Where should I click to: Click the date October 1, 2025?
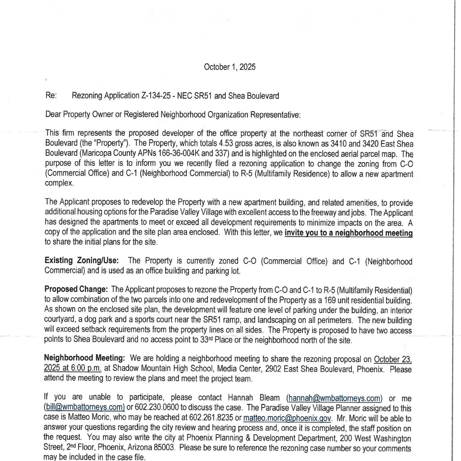pos(229,67)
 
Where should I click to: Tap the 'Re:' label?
pos(51,96)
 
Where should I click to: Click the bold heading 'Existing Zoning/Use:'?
pos(82,261)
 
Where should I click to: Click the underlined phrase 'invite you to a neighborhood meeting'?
pos(348,233)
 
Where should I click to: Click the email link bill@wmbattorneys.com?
pos(84,408)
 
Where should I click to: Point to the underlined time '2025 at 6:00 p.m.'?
pos(73,369)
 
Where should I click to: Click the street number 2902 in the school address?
pos(273,369)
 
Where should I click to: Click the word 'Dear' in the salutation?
pos(53,115)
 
